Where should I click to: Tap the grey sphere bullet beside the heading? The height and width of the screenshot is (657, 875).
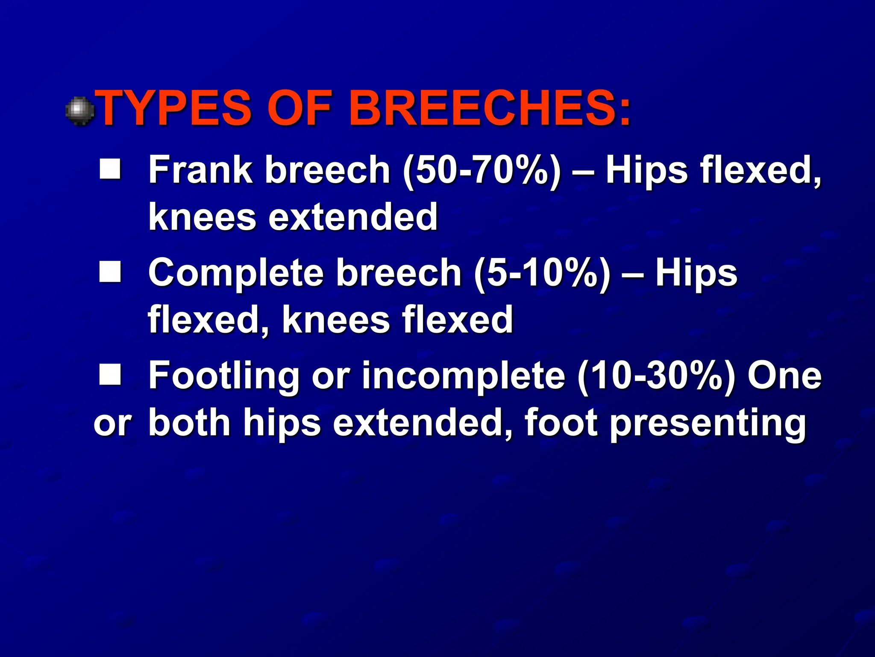80,111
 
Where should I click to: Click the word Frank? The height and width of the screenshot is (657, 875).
200,170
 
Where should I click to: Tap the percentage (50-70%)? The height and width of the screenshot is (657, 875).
482,171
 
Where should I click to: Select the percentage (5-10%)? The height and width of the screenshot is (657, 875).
542,273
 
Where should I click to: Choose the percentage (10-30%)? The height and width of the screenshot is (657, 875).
656,376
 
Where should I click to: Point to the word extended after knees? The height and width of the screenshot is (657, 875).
353,217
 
